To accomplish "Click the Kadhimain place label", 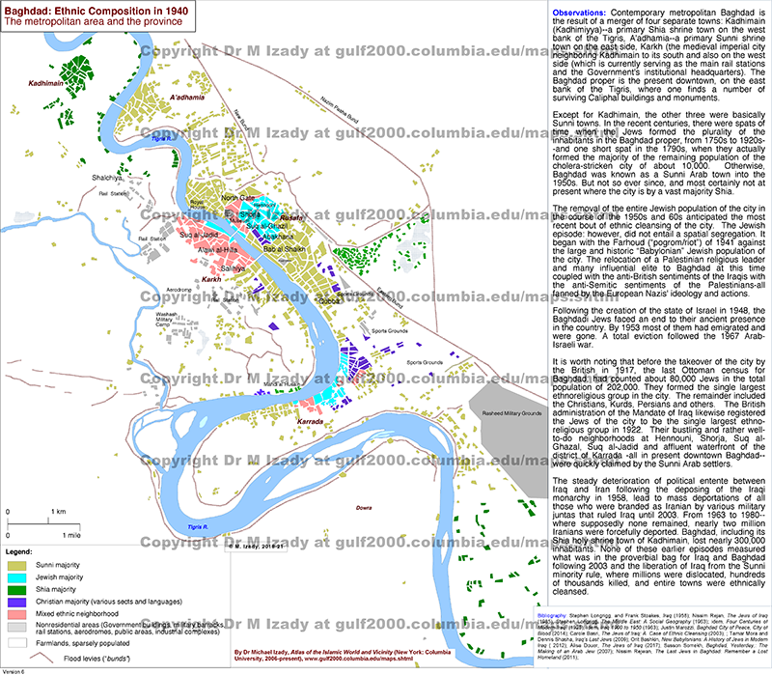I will pyautogui.click(x=44, y=84).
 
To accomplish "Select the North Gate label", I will pyautogui.click(x=237, y=197).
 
